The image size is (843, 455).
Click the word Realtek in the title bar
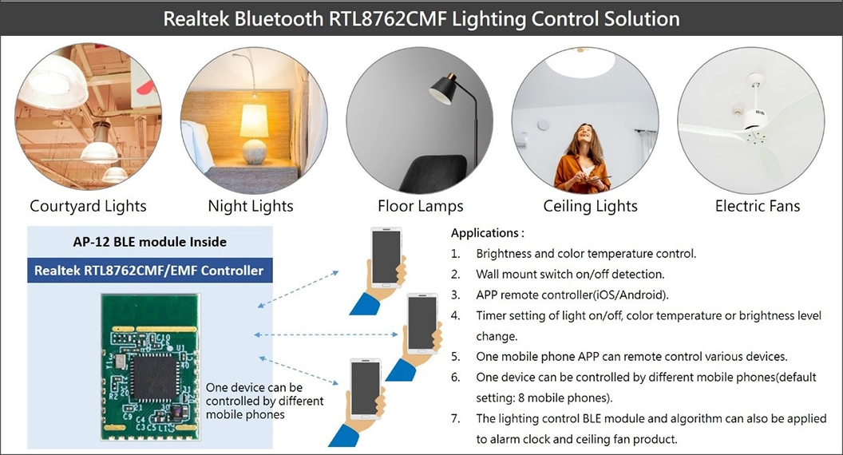point(198,18)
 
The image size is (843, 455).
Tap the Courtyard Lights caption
point(88,206)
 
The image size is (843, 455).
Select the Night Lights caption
point(251,206)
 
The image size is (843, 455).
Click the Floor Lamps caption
point(421,206)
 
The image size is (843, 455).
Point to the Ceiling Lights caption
point(591,206)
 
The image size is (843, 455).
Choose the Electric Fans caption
point(758,206)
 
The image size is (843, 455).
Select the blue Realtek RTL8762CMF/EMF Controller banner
point(148,271)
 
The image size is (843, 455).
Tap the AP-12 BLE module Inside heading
point(150,241)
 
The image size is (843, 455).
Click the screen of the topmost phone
point(386,259)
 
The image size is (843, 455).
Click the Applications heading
point(487,233)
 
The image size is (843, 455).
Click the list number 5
point(455,357)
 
